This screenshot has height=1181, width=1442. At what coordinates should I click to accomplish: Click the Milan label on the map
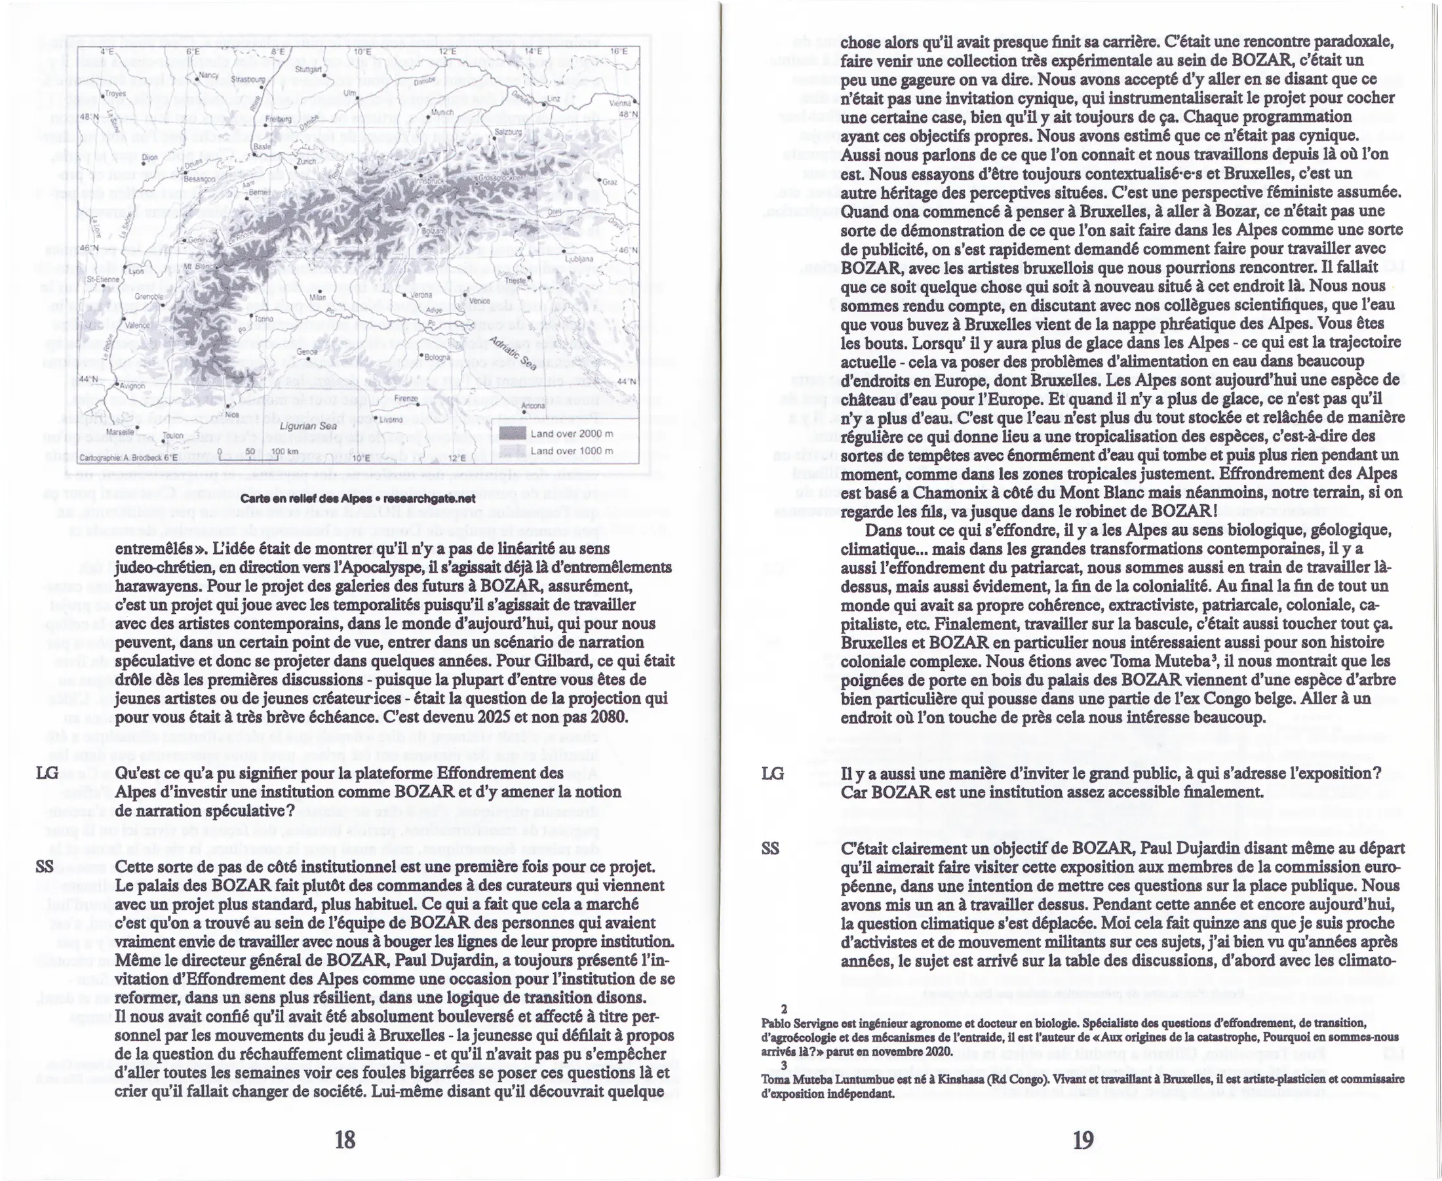317,297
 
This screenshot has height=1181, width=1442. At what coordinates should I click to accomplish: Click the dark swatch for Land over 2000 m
513,433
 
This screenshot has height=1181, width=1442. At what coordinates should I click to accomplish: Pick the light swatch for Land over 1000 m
513,450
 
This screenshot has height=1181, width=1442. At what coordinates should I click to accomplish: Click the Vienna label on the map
620,104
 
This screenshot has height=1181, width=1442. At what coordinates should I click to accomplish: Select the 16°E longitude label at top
618,51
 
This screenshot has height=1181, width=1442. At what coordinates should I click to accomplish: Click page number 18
345,1139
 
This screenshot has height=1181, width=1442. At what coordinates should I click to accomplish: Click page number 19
1082,1139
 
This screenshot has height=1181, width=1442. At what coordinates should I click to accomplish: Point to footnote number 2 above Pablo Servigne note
784,1028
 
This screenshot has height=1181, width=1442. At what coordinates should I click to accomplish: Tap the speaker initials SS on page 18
45,867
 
